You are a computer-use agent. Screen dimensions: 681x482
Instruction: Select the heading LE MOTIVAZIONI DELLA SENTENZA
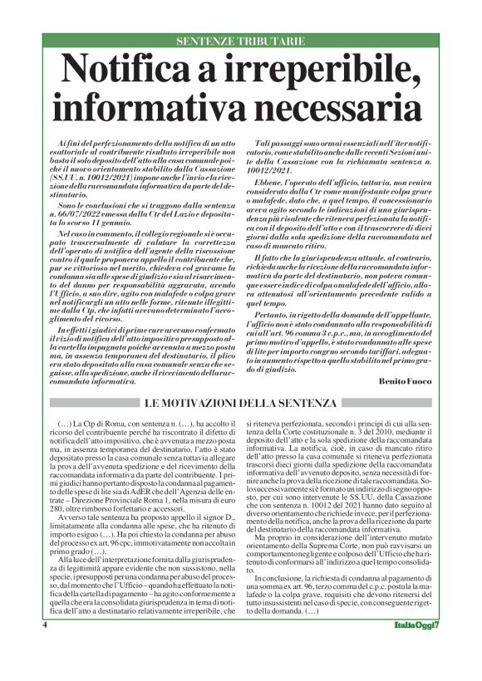pos(240,403)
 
